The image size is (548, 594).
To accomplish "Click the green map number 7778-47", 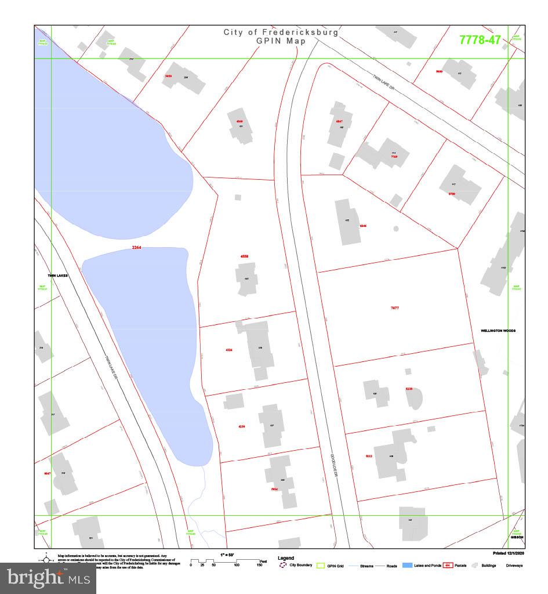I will (480, 40).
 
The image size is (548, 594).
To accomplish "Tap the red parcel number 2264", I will (136, 248).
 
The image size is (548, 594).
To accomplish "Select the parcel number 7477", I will (395, 308).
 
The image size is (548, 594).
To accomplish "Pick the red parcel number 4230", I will (242, 426).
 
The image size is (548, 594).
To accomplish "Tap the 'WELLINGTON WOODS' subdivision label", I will (498, 331).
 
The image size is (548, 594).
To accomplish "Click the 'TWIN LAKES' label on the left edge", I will (57, 276).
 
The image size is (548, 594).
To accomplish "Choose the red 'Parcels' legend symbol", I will (448, 565).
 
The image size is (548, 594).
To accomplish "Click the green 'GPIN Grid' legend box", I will (320, 565).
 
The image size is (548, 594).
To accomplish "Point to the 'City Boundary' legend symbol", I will (284, 565).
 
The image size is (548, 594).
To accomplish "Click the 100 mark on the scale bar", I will (237, 565).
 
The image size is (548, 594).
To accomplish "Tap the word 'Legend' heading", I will (286, 558).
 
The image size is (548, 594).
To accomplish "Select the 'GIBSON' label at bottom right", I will (517, 537).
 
